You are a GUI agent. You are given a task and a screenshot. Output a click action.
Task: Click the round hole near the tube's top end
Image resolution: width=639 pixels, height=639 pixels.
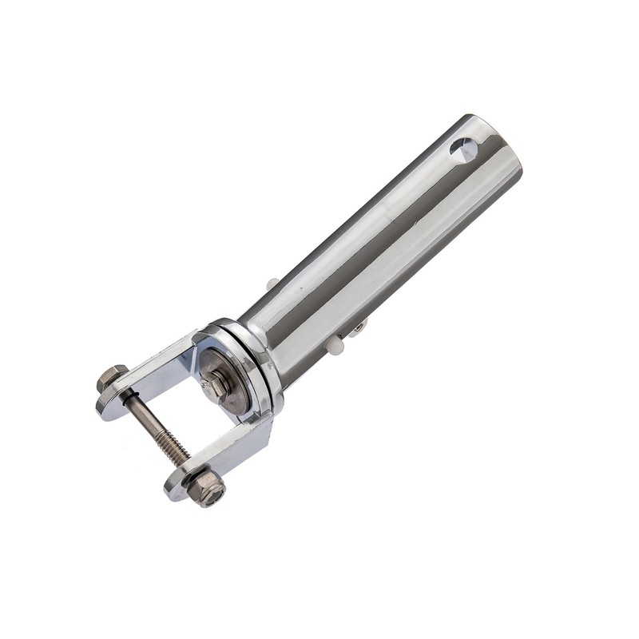(x=463, y=149)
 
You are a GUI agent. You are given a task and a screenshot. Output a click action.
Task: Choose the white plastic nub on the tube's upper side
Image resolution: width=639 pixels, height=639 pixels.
(x=272, y=284)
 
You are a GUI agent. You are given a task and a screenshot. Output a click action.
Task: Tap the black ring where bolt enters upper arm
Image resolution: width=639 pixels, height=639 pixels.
(x=127, y=392)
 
